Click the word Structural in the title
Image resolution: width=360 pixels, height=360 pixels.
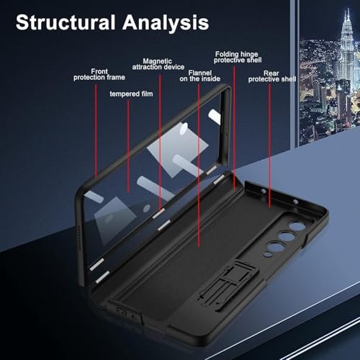[66, 22]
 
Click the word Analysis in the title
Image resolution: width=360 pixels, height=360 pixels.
[166, 22]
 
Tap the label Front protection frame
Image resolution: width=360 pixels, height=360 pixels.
[99, 74]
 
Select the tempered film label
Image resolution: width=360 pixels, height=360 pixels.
[131, 94]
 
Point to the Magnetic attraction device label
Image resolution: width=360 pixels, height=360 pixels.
[158, 64]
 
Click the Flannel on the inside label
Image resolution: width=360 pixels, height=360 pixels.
[199, 76]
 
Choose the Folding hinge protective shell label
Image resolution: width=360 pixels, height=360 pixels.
[238, 57]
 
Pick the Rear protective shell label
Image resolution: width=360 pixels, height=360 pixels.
[272, 76]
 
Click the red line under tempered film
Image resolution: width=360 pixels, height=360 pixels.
[128, 146]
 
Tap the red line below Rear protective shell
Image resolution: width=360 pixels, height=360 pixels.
[269, 145]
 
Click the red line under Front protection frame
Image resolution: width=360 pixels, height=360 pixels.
[96, 131]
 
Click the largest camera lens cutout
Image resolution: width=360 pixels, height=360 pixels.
[297, 226]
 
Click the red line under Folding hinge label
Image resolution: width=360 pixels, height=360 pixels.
[234, 127]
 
